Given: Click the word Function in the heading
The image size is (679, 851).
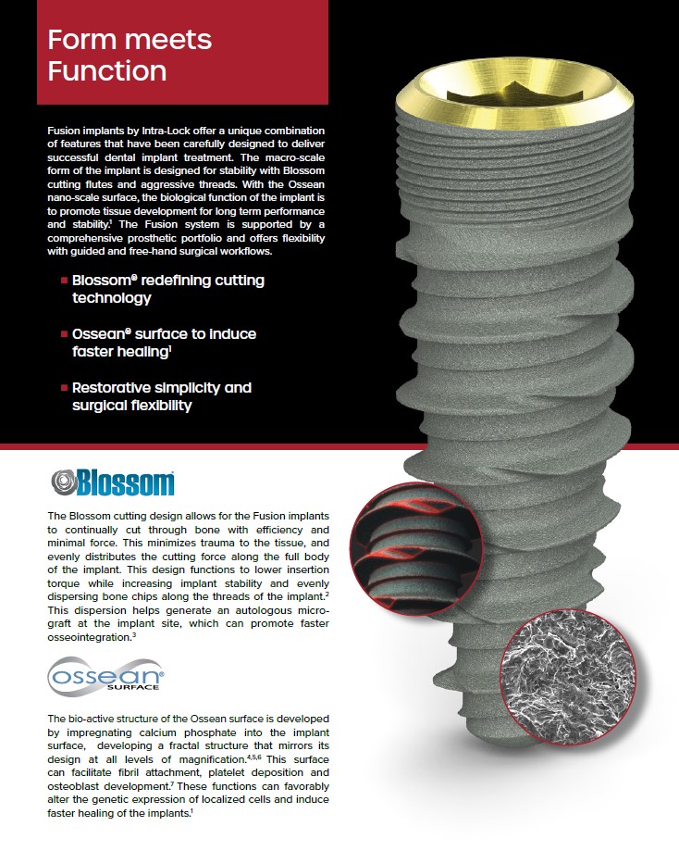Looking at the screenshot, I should pos(106,70).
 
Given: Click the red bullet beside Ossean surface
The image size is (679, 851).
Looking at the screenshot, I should pos(63,333).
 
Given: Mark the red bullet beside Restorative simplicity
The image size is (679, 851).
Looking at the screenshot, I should pos(63,388).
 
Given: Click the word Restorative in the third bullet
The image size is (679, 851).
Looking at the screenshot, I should pos(113,387).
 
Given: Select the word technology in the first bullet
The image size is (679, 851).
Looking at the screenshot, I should pos(111,298).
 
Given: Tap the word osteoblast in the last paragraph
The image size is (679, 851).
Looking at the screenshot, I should pos(73,785).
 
